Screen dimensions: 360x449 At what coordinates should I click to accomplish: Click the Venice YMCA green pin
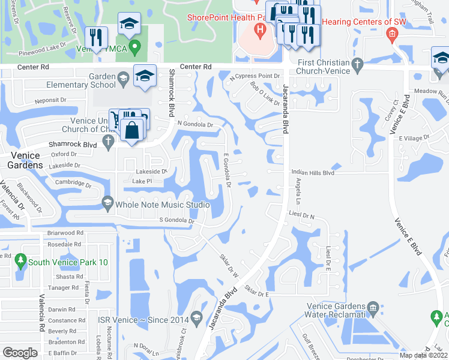point(136,45)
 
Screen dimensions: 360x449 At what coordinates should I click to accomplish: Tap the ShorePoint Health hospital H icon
point(260,29)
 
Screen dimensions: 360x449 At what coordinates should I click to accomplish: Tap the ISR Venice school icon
point(196,316)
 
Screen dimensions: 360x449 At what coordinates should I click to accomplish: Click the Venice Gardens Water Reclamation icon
point(373,308)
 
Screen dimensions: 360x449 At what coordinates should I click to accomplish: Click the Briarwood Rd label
point(65,233)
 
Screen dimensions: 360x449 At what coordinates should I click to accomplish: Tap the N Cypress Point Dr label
point(255,77)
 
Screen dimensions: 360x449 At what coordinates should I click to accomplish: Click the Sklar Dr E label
point(256,291)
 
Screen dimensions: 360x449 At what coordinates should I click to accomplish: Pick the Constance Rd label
point(62,320)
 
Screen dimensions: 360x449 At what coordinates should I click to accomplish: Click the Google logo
point(20,353)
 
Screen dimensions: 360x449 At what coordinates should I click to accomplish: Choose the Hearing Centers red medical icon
point(391,34)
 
